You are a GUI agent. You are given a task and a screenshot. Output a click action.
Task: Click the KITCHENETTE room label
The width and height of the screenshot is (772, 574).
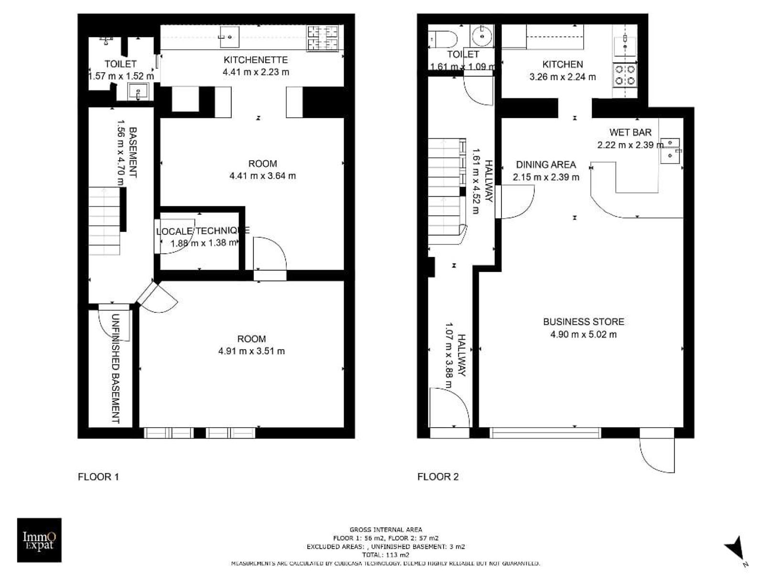255,60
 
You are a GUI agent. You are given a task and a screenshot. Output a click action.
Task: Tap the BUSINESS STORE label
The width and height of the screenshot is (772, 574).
583,321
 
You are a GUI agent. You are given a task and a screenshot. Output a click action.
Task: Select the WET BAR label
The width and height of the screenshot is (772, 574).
631,132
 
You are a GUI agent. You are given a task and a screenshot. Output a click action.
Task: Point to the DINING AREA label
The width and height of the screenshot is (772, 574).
546,165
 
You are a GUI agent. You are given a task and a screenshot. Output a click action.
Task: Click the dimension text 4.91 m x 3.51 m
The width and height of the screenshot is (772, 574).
251,351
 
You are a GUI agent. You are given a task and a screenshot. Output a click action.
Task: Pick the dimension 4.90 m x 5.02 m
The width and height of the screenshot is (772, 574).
583,334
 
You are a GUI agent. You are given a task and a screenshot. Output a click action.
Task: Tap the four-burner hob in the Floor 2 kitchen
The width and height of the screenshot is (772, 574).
625,75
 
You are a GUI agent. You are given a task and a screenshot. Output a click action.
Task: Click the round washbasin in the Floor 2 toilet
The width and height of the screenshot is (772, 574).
482,35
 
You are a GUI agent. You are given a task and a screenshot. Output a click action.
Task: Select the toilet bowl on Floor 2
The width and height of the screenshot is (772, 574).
442,39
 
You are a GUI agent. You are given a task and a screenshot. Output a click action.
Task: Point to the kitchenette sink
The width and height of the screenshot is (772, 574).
229,36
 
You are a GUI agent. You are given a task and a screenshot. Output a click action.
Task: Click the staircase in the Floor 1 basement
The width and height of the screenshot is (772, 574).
104,221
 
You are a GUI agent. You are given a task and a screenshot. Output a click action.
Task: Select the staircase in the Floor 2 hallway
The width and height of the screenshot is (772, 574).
447,191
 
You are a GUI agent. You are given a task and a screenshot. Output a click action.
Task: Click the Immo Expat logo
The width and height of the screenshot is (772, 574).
39,540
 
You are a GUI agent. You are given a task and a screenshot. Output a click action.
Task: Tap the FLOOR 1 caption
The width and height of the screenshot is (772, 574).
98,477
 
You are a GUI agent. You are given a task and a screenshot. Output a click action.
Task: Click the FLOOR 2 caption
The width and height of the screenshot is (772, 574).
438,477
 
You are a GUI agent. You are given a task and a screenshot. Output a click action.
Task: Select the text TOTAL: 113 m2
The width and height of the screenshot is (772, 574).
386,555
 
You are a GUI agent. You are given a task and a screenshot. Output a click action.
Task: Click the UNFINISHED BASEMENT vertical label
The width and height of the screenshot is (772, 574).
116,368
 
